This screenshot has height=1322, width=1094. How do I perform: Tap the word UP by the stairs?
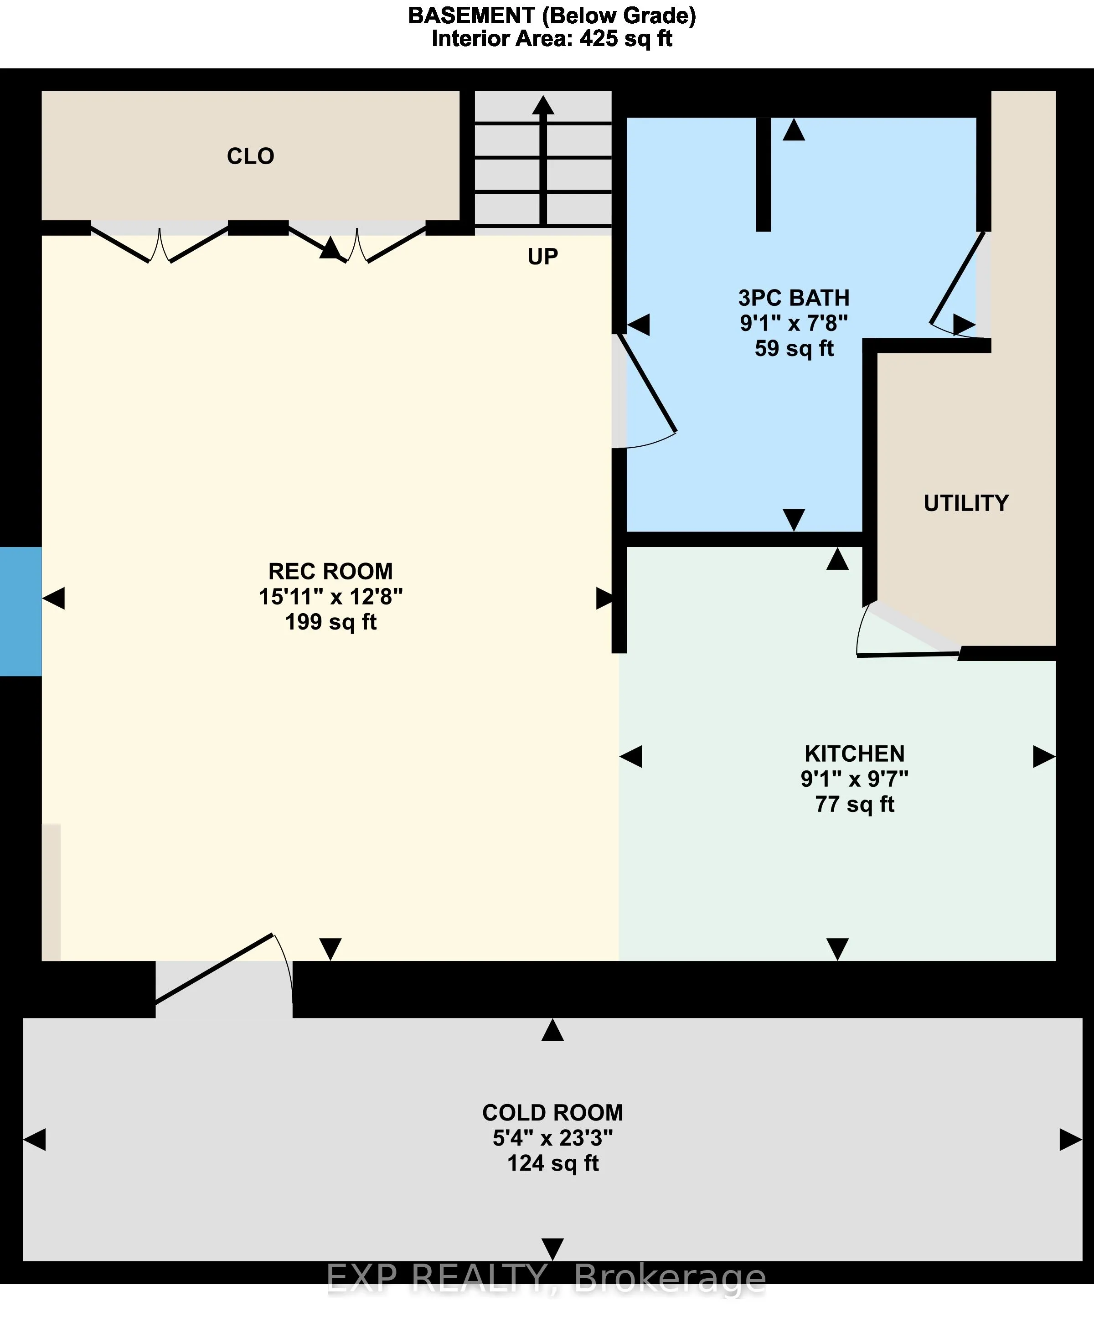tap(542, 257)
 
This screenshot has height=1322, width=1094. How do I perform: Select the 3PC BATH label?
tap(794, 298)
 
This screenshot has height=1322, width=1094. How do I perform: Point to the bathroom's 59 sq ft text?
tap(794, 348)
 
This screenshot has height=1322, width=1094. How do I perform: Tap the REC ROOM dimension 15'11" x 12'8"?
tap(330, 597)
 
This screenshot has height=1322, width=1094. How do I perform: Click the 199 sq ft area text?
tap(330, 622)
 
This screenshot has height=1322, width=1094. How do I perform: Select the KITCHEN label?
tap(854, 754)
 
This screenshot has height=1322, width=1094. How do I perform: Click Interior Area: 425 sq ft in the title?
tap(552, 39)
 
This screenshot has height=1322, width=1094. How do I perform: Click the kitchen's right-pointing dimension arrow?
tap(1043, 757)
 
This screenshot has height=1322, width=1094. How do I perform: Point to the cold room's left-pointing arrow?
tap(35, 1140)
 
